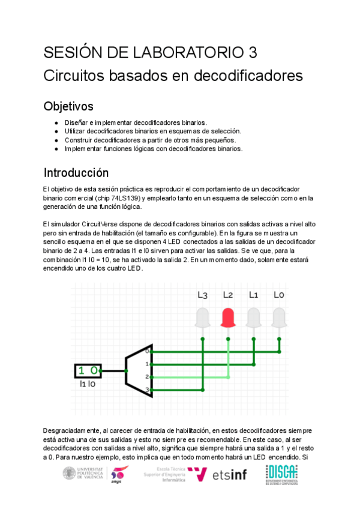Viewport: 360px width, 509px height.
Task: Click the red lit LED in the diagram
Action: click(x=228, y=318)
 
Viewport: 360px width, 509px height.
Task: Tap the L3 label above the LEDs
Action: click(x=202, y=295)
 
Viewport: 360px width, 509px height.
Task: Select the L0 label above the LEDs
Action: click(x=279, y=295)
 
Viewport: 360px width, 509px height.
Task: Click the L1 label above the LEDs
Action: click(x=254, y=295)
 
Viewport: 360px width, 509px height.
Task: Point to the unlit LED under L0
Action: click(x=279, y=318)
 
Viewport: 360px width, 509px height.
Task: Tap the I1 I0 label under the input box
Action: click(x=87, y=384)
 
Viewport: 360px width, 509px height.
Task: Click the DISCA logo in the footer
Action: click(x=281, y=474)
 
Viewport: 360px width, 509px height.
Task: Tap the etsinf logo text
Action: click(x=230, y=475)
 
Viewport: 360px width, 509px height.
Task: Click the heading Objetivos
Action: click(x=68, y=107)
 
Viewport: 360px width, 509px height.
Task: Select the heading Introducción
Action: click(x=76, y=173)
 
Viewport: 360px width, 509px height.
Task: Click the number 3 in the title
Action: click(x=252, y=53)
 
